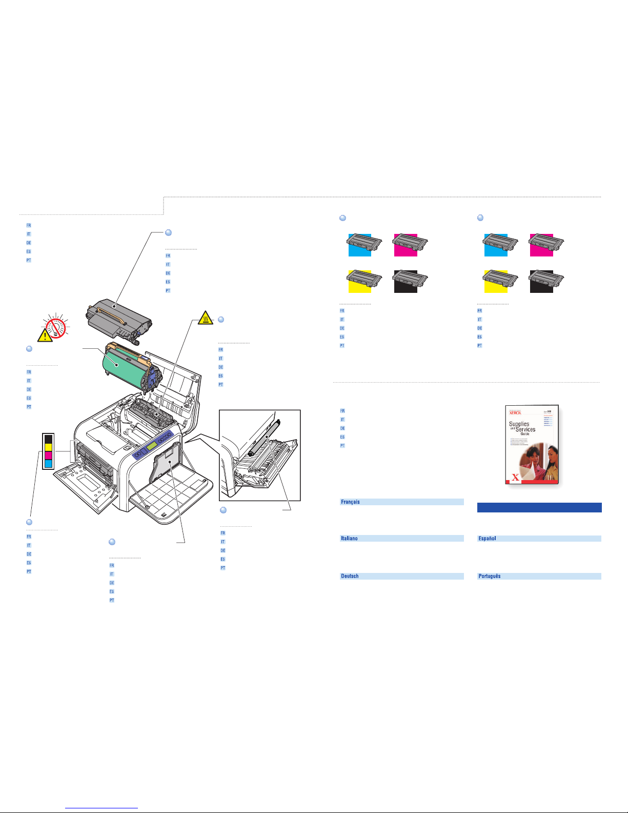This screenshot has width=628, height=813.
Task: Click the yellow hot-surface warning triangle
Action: [x=205, y=319]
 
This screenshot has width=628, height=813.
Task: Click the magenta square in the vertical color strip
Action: [x=49, y=455]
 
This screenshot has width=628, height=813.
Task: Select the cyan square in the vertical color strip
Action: [x=49, y=464]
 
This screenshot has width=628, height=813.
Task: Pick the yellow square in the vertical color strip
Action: [x=49, y=447]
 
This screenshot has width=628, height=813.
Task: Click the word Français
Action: [x=351, y=502]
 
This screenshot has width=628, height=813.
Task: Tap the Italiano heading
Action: [x=349, y=539]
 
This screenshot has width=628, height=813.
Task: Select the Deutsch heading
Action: [x=350, y=576]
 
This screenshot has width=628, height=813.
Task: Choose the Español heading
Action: [x=487, y=539]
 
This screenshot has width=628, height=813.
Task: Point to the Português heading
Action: [x=489, y=576]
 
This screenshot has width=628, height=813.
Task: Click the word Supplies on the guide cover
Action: [x=519, y=424]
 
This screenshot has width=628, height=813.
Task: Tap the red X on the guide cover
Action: [x=515, y=478]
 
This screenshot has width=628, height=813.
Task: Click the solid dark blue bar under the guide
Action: [x=539, y=507]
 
